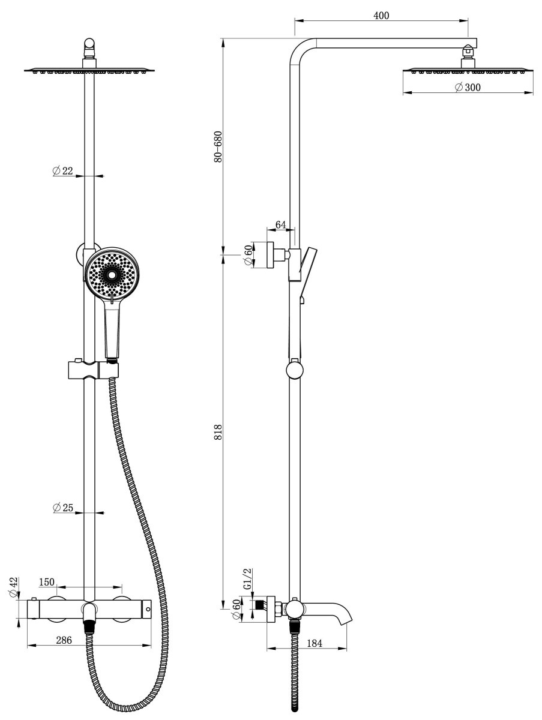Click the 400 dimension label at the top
pyautogui.click(x=381, y=16)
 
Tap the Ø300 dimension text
pyautogui.click(x=468, y=87)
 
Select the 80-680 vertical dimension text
pyautogui.click(x=218, y=146)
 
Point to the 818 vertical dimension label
pyautogui.click(x=218, y=431)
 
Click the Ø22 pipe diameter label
pyautogui.click(x=63, y=170)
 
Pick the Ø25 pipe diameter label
pyautogui.click(x=63, y=508)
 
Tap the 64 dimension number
pyautogui.click(x=280, y=224)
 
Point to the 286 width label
pyautogui.click(x=64, y=640)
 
